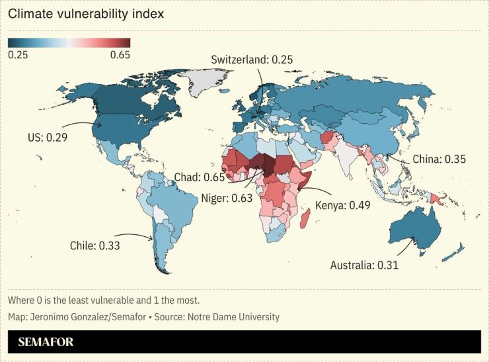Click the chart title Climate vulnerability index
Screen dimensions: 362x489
tap(86, 13)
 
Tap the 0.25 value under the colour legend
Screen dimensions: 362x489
tap(18, 55)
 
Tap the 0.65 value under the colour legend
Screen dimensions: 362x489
tap(120, 55)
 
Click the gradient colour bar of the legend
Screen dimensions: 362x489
tap(69, 43)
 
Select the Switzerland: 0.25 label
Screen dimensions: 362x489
tap(252, 60)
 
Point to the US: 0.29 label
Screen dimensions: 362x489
tap(47, 138)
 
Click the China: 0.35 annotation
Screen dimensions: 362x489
tap(439, 159)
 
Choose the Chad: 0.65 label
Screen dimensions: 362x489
tap(199, 177)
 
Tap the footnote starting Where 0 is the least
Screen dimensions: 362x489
tap(103, 300)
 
